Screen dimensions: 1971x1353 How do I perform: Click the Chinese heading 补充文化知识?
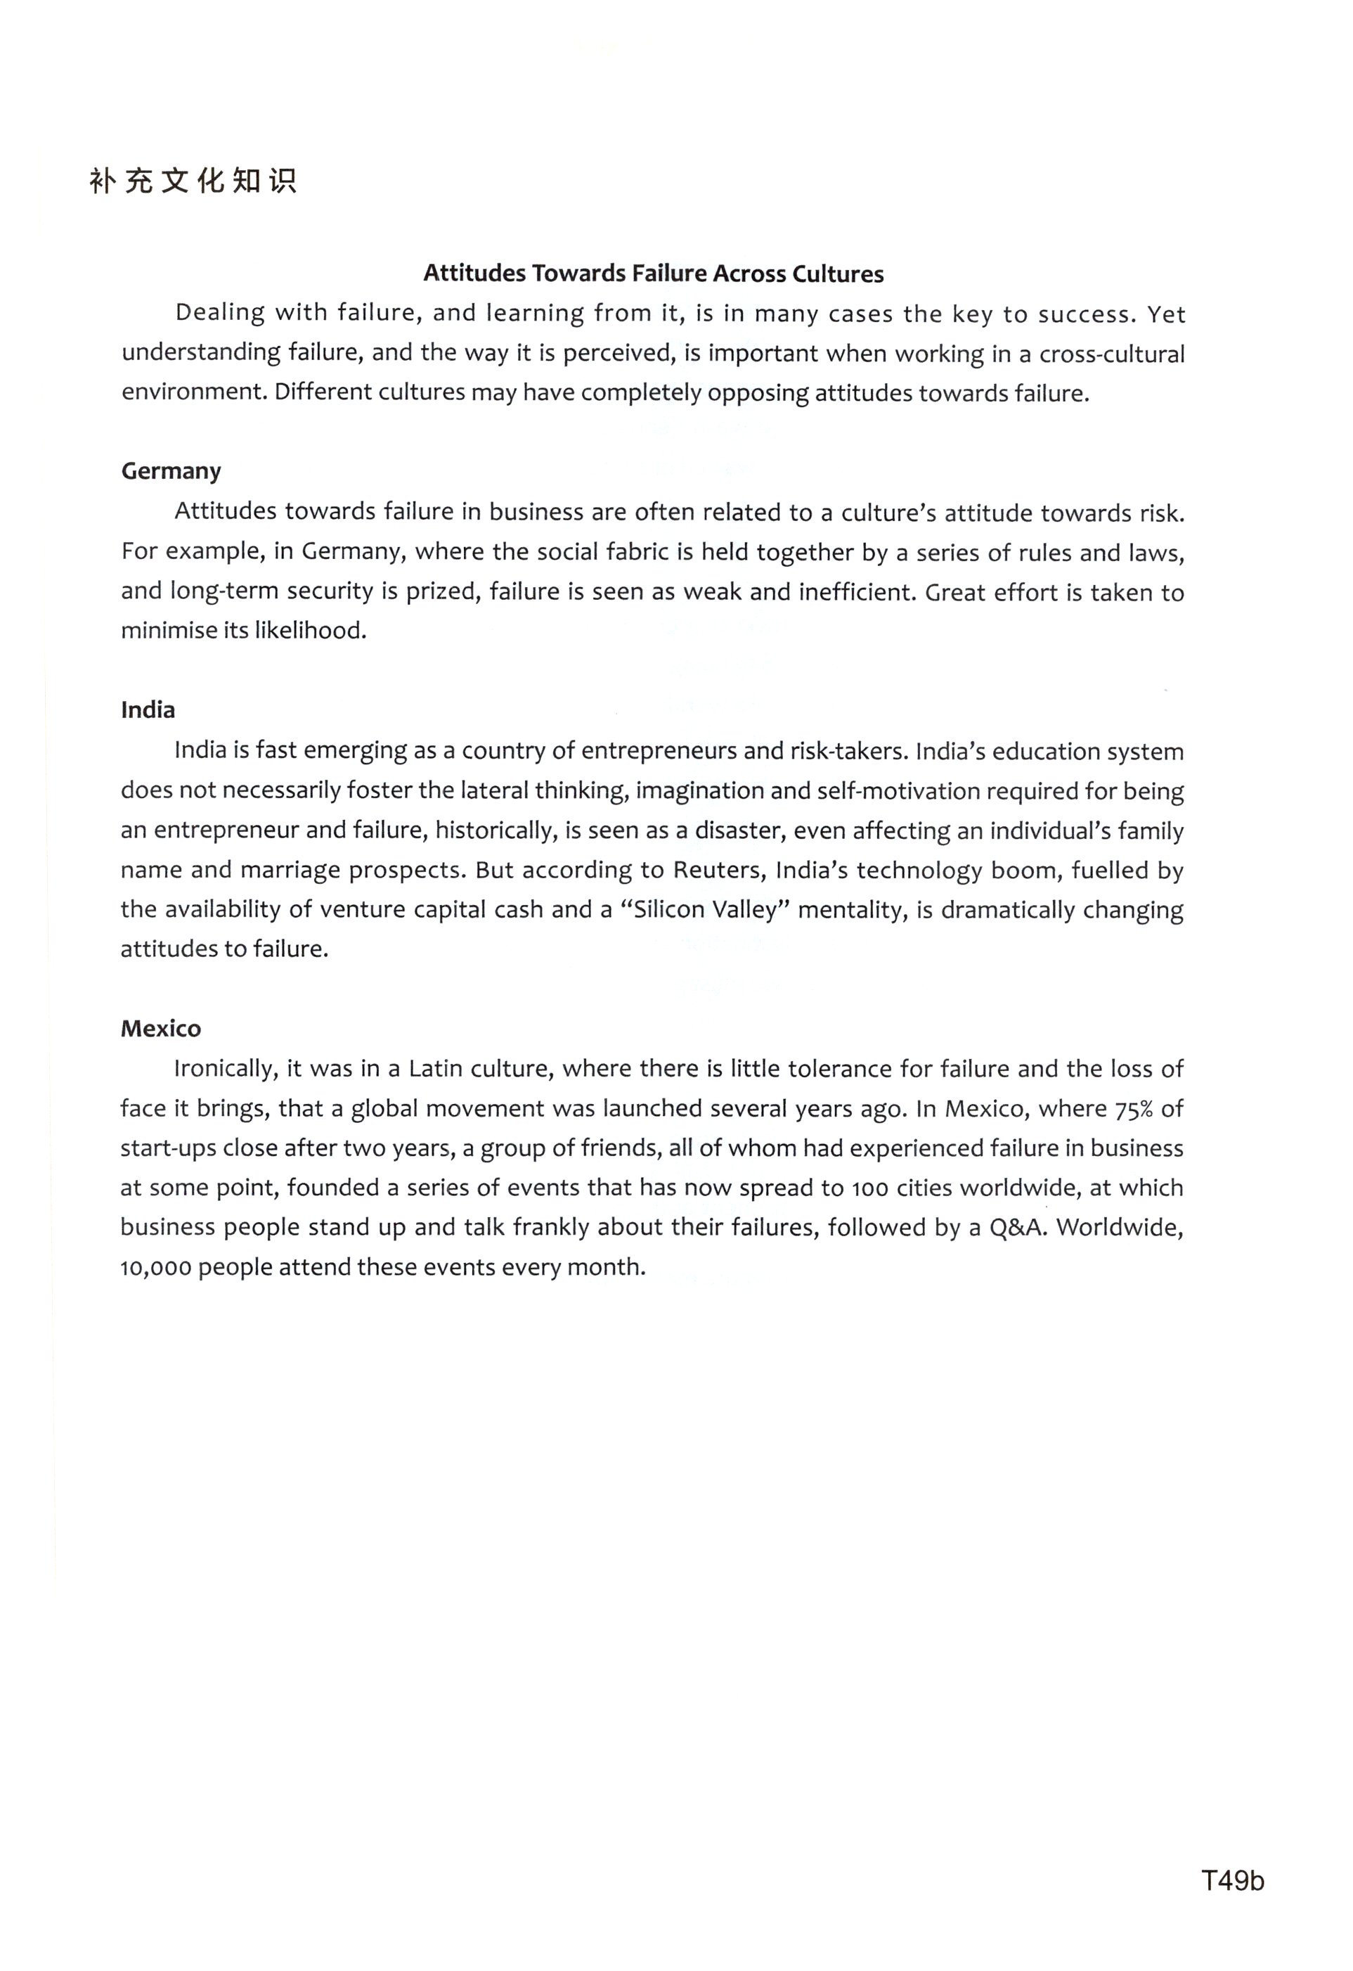193,181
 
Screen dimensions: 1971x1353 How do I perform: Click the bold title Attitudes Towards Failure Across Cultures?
653,274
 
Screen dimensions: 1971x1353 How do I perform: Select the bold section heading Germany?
171,472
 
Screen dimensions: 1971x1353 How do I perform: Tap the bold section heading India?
148,710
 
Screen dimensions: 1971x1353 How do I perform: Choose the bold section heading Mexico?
161,1029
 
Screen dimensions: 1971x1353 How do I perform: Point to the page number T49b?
1232,1880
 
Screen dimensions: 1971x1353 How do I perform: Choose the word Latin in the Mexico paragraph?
436,1069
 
